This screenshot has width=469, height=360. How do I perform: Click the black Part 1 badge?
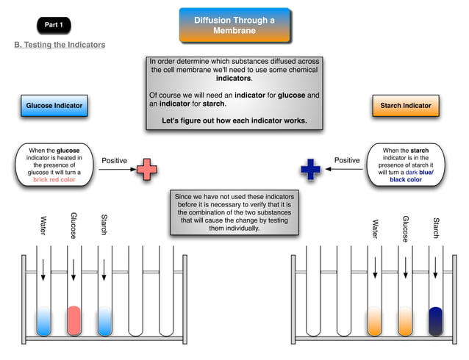(x=54, y=25)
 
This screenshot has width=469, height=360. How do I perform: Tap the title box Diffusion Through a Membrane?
(x=234, y=25)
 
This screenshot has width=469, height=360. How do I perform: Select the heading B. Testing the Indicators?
(x=60, y=45)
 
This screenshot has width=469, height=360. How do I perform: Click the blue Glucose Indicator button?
(x=54, y=106)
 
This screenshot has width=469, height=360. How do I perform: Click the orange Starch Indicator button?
(x=405, y=106)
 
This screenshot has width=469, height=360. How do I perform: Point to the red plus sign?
(x=147, y=170)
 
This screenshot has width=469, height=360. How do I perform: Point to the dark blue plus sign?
(x=311, y=170)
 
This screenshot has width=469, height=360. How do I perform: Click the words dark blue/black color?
(x=406, y=176)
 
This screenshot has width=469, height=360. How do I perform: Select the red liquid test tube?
(x=74, y=320)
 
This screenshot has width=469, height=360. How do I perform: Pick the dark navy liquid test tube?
(x=435, y=320)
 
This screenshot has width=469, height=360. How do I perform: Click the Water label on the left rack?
(x=43, y=226)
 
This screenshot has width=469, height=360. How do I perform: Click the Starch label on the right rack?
(x=435, y=228)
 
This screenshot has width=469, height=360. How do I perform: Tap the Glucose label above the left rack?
(x=74, y=226)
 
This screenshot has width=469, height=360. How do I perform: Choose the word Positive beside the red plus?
(x=114, y=160)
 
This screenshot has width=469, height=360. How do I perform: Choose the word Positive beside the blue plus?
(x=347, y=160)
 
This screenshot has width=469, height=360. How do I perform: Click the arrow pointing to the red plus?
(x=116, y=170)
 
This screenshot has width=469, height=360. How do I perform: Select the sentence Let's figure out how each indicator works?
(x=234, y=120)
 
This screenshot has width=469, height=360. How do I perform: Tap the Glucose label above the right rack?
(x=405, y=228)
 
